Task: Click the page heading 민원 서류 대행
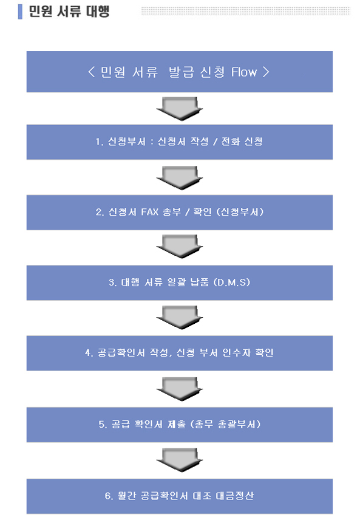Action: [69, 12]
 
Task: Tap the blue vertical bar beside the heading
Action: [20, 12]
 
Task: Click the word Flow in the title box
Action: [243, 72]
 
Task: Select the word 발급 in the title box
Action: [181, 72]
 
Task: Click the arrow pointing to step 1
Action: [180, 109]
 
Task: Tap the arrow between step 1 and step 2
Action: [180, 178]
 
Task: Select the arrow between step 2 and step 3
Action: [180, 247]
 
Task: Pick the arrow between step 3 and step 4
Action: [180, 318]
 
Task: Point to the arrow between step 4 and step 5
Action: [180, 389]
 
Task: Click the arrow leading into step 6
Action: [180, 460]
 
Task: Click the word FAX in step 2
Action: [149, 211]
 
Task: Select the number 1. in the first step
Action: [100, 142]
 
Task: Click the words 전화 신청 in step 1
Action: [242, 142]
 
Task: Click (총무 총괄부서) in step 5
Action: [225, 424]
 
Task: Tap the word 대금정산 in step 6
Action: [234, 496]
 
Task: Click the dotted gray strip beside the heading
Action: [246, 11]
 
